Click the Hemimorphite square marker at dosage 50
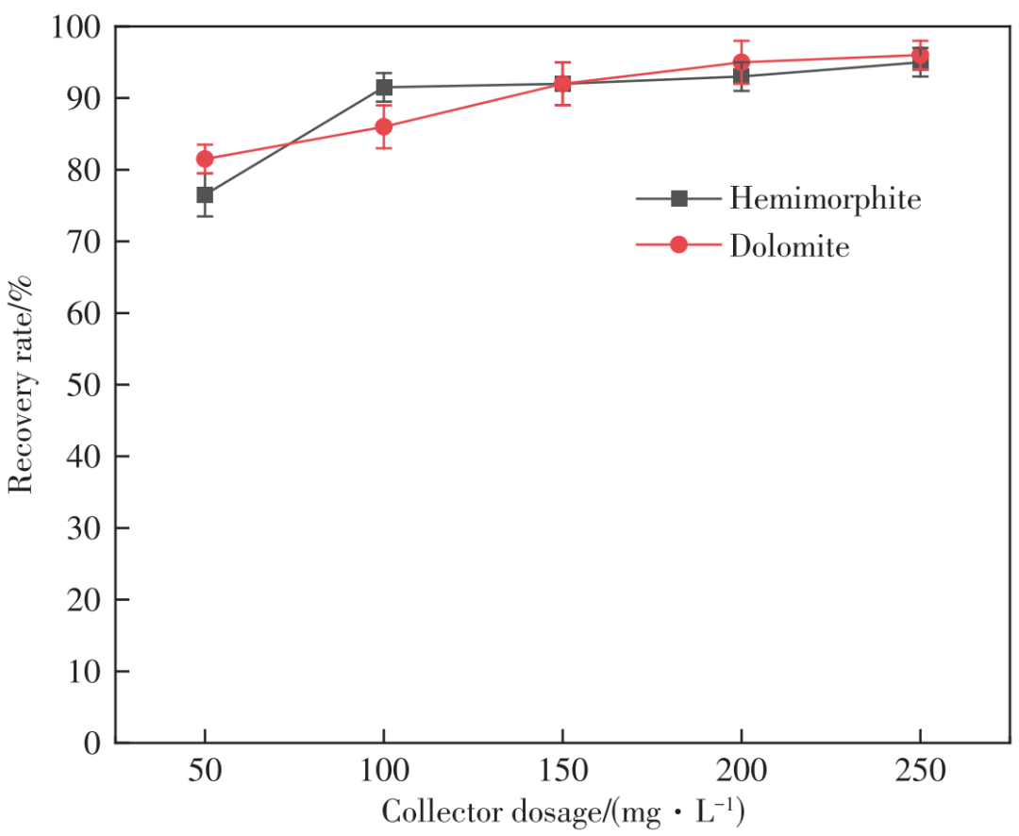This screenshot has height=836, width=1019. click(205, 195)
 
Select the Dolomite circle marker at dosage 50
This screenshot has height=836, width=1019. click(205, 159)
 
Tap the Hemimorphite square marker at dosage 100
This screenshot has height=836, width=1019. click(384, 88)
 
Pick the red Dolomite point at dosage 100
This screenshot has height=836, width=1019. click(384, 127)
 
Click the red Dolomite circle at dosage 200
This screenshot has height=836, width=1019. click(742, 63)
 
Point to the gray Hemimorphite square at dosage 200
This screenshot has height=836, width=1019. click(742, 76)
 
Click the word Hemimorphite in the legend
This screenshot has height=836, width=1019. click(825, 199)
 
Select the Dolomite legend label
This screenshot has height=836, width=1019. click(789, 246)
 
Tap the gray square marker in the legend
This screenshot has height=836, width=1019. click(678, 199)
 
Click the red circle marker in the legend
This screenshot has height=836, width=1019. click(678, 245)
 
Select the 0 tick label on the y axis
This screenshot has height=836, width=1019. click(92, 743)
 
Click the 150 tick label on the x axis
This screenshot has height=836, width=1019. click(562, 773)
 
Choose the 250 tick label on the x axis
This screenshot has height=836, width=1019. click(920, 773)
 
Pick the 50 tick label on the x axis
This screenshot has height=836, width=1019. click(205, 773)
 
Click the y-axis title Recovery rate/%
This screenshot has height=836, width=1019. click(23, 385)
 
